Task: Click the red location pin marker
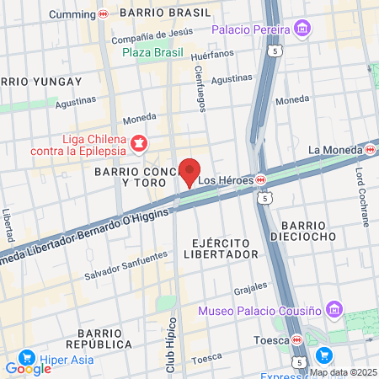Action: click(190, 171)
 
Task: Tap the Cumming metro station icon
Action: click(103, 14)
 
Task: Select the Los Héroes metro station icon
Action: click(261, 179)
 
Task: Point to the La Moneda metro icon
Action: click(370, 150)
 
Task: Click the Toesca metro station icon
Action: click(296, 340)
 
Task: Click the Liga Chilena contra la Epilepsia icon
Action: click(136, 144)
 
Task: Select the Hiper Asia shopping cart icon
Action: click(25, 357)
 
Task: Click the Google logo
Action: click(28, 368)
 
